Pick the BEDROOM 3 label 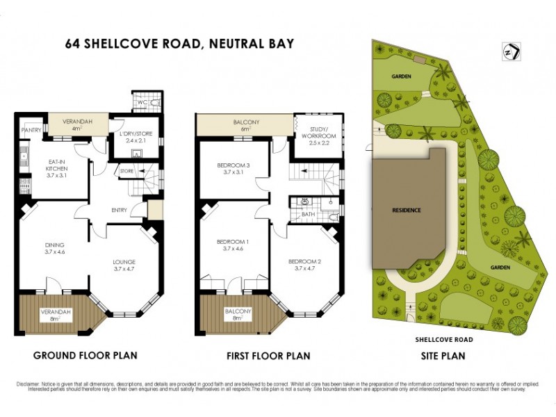click(x=234, y=166)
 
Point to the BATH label click(x=307, y=215)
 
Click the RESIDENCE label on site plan click(x=407, y=210)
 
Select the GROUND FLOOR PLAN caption click(x=85, y=355)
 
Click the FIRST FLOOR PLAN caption click(x=268, y=356)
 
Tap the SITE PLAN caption click(x=443, y=355)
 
